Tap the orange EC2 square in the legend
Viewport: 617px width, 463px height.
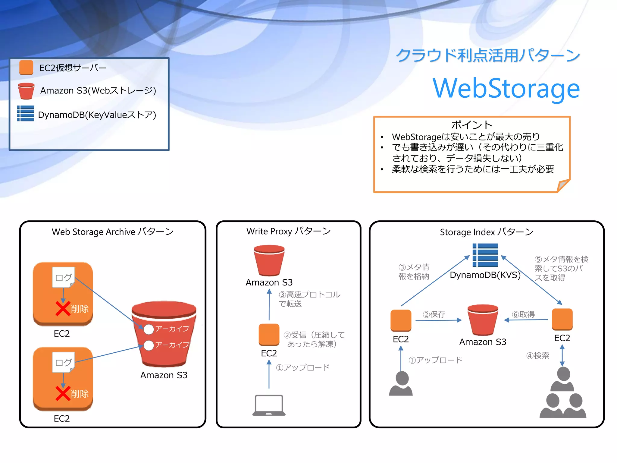point(26,68)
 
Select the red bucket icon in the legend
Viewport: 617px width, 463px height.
point(26,91)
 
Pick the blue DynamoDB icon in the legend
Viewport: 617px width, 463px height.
point(26,114)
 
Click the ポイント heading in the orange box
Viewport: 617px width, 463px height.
point(471,125)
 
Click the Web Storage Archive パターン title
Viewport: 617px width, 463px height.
point(113,231)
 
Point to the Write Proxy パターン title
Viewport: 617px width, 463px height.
point(288,231)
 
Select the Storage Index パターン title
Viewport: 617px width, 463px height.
point(486,232)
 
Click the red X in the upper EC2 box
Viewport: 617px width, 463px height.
point(63,309)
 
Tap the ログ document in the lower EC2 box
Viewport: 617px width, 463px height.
point(64,362)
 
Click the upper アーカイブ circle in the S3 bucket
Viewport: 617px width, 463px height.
point(149,329)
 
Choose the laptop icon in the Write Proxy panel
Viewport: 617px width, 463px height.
point(269,405)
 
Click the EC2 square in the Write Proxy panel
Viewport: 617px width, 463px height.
point(269,334)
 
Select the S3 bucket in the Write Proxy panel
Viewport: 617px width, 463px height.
point(269,260)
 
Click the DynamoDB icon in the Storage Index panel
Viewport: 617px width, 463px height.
point(485,255)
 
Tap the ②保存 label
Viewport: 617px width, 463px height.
point(434,314)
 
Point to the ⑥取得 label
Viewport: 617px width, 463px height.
point(523,314)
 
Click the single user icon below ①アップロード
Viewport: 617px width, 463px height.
point(401,383)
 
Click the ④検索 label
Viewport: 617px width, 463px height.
point(537,356)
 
